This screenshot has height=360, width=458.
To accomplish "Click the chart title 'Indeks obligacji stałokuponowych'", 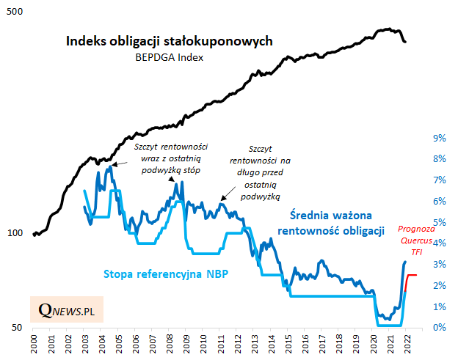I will (x=170, y=41).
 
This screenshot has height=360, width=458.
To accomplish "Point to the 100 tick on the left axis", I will (x=14, y=233).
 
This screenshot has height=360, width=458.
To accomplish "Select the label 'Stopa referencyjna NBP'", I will (x=166, y=274).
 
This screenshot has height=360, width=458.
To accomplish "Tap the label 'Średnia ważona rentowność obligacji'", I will (x=331, y=223).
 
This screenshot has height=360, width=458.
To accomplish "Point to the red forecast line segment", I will (x=412, y=275).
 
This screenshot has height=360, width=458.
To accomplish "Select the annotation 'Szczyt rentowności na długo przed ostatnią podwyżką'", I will (x=261, y=172).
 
